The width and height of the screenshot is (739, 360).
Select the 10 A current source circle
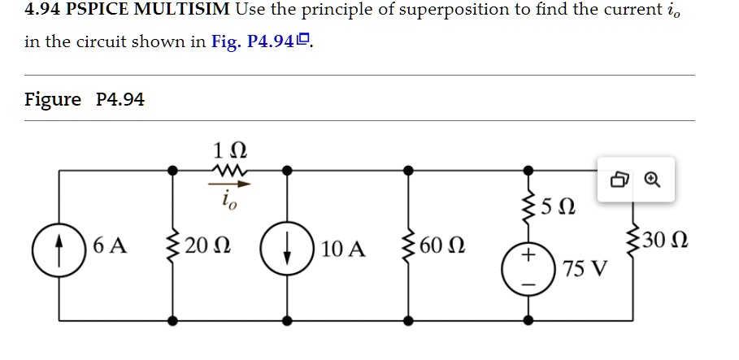click(x=287, y=245)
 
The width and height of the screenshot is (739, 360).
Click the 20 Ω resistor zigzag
click(x=172, y=245)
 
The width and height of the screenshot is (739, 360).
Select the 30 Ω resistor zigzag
click(x=633, y=241)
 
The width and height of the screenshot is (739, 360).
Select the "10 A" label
click(x=343, y=248)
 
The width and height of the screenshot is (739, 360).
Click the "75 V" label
click(x=584, y=269)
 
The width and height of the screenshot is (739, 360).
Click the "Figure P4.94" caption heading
click(x=85, y=99)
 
